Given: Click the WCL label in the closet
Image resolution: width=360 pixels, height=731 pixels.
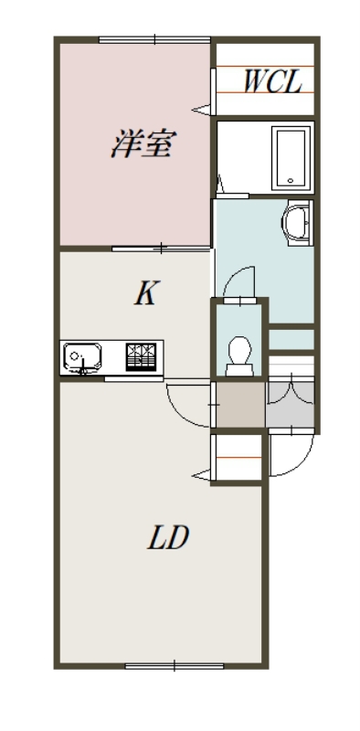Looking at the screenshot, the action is [273, 81].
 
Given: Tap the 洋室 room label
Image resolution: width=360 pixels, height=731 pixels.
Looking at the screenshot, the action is [143, 144].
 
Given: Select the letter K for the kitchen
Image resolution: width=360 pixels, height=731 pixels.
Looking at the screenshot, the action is [146, 293].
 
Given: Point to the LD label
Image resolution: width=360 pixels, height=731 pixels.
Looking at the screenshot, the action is [169, 537].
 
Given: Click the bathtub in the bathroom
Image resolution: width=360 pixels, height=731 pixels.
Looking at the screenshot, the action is [291, 158].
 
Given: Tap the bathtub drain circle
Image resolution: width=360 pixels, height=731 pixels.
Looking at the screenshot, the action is [291, 181].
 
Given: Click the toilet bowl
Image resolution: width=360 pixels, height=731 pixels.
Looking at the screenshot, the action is [239, 355].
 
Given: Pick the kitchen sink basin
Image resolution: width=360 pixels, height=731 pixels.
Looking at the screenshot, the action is [82, 357].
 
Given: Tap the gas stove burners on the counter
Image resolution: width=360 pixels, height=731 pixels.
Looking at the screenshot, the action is [141, 356].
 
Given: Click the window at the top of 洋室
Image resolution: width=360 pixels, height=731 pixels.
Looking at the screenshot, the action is [154, 39].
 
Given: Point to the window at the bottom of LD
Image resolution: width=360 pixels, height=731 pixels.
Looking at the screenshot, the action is [175, 666].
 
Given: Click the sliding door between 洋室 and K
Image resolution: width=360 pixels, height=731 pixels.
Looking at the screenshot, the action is [161, 249].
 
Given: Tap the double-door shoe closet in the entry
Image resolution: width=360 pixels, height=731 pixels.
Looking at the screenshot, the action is [290, 404].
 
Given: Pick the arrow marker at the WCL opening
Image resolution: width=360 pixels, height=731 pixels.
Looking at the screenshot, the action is [202, 110].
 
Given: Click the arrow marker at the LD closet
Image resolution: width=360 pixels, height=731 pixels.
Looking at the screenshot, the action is [202, 475].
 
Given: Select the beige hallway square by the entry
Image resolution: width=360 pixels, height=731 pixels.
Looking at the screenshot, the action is [240, 404].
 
